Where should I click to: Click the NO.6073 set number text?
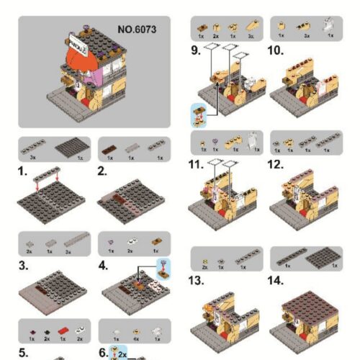pyautogui.click(x=136, y=30)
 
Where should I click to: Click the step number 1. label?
pyautogui.click(x=23, y=172)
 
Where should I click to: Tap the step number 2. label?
pyautogui.click(x=103, y=172)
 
